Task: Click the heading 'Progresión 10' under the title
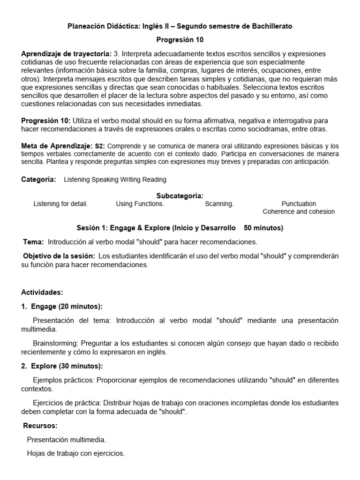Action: pos(180,39)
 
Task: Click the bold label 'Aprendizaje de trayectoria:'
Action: pos(66,54)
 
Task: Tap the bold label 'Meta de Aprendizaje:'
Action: pos(57,146)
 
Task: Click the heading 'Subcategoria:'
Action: pos(180,195)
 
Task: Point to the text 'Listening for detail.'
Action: pos(60,204)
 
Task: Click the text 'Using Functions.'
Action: pos(140,204)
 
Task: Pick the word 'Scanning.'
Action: pos(219,204)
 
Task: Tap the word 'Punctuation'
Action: pos(299,204)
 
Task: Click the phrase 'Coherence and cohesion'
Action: pos(299,211)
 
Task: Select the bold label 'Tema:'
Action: pos(34,242)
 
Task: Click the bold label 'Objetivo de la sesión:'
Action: pos(59,256)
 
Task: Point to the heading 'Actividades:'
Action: pos(42,292)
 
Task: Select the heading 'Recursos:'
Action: pos(40,426)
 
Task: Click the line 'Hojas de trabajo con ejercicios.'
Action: pos(76,453)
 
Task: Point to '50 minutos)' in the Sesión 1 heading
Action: pos(263,228)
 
